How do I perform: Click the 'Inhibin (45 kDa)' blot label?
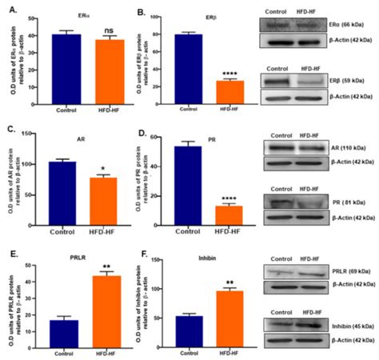point(349,326)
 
